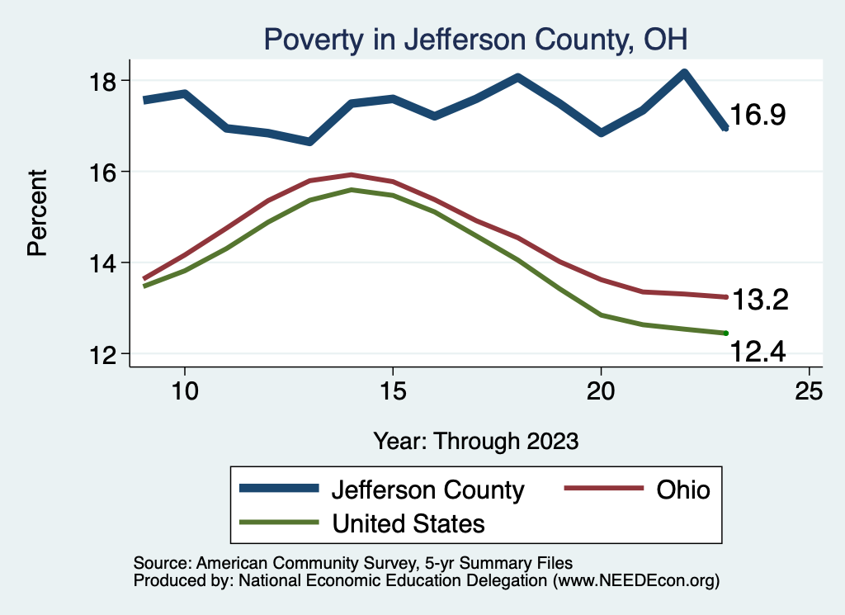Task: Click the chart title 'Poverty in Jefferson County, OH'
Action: [474, 38]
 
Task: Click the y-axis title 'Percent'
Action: [37, 212]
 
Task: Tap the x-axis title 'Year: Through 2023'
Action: [475, 440]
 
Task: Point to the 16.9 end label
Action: [758, 116]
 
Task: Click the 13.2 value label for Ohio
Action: [760, 300]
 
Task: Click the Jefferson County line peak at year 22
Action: [684, 73]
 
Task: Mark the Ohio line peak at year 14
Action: [352, 174]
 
